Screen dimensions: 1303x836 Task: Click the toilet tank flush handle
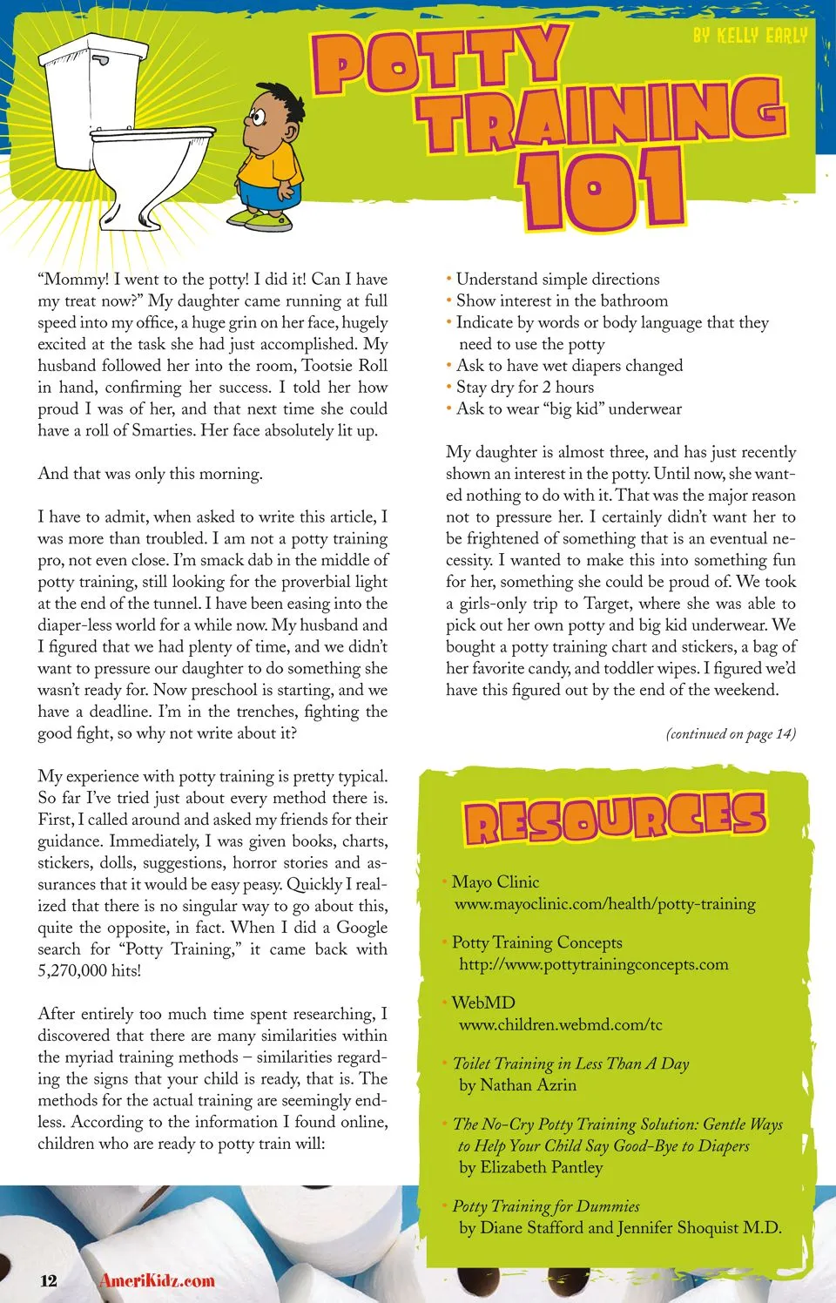coord(103,62)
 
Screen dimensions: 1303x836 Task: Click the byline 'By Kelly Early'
coord(750,36)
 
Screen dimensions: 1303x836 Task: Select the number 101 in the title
coord(601,190)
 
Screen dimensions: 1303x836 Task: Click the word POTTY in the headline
coord(441,62)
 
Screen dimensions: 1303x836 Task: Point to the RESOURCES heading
coord(615,819)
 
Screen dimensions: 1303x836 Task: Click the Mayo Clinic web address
coord(604,904)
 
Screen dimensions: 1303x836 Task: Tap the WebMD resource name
coord(483,1003)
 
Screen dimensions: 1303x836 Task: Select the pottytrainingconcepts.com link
coord(593,964)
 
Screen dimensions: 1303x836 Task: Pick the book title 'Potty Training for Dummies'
coord(546,1206)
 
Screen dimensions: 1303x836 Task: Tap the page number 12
coord(49,1280)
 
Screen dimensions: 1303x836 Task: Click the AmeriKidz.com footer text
coord(157,1280)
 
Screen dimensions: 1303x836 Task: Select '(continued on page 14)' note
coord(731,733)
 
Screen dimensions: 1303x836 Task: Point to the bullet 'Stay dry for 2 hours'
coord(525,387)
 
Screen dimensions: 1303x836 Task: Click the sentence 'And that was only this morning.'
coord(150,474)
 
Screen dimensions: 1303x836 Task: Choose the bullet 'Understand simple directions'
coord(557,279)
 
